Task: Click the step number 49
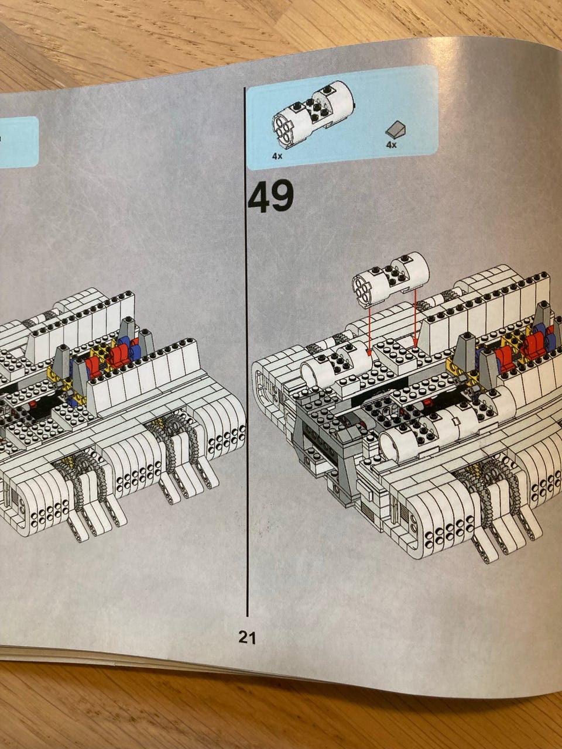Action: click(271, 196)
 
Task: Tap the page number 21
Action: click(248, 637)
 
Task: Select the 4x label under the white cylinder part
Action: click(277, 156)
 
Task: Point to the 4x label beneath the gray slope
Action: click(392, 145)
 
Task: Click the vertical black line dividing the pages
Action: click(246, 352)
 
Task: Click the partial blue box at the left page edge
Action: click(18, 142)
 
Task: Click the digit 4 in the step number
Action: click(258, 197)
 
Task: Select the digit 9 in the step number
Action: click(283, 196)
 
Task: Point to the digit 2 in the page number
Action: click(244, 637)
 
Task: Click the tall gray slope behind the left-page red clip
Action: click(126, 330)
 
